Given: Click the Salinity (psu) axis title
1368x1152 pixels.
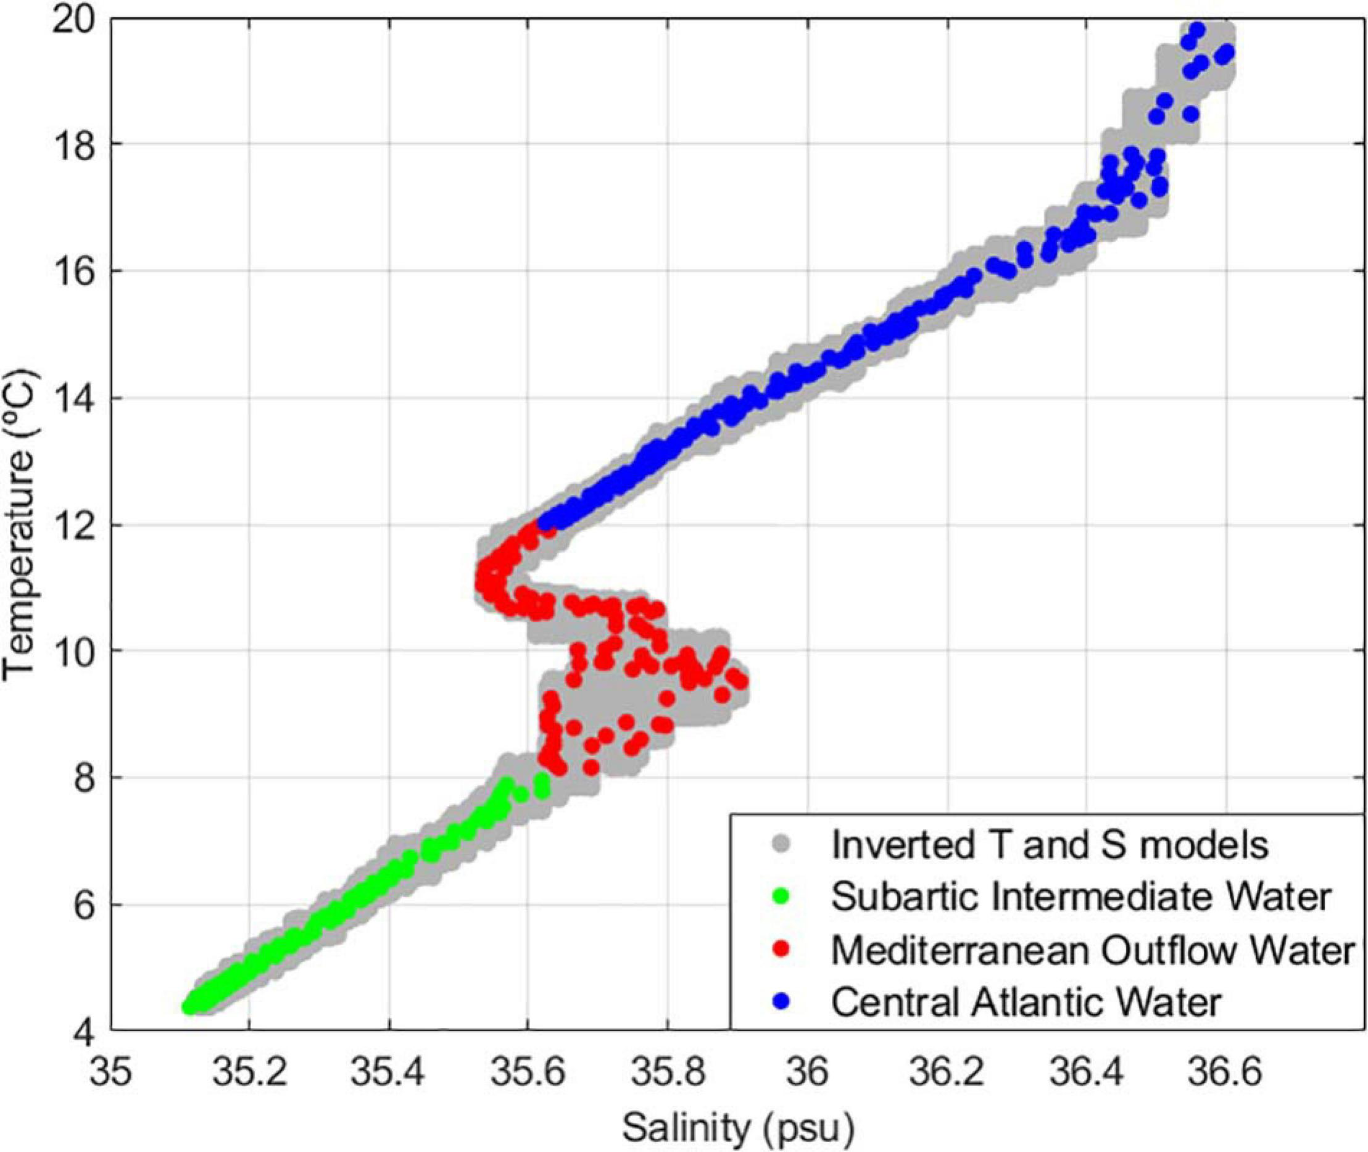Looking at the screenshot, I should pyautogui.click(x=738, y=1129).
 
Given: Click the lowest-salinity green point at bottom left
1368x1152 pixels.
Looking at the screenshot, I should pyautogui.click(x=189, y=1006).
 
